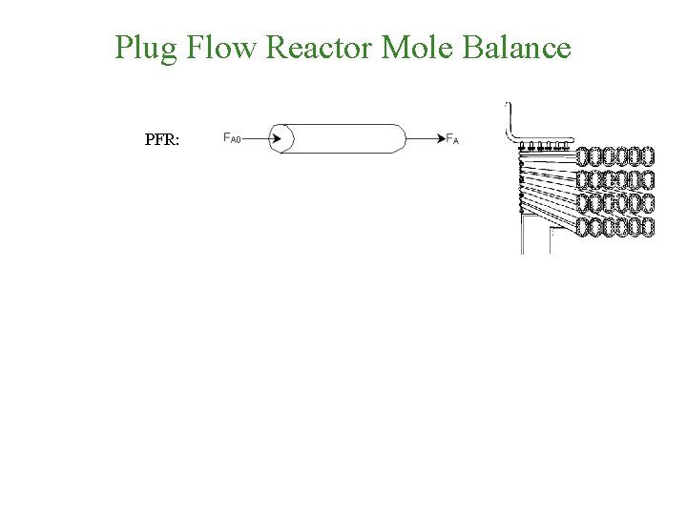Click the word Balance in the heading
[517, 47]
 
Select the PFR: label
[168, 139]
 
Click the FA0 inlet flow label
[232, 138]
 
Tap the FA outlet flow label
[452, 139]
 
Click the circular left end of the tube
[282, 138]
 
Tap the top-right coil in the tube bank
[648, 156]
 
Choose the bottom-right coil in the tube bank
[648, 227]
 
